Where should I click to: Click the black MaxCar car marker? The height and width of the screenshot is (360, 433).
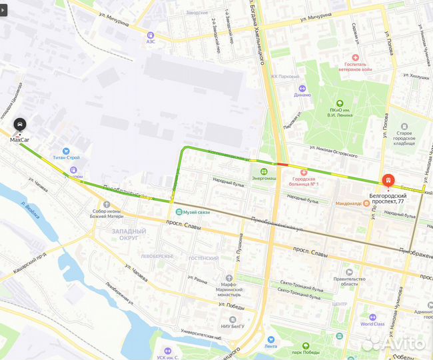point(20,125)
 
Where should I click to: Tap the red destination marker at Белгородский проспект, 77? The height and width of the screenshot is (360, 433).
point(387,181)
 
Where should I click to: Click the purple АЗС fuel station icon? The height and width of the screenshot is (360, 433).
point(151,35)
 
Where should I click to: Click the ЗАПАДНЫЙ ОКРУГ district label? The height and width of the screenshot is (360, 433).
point(121,233)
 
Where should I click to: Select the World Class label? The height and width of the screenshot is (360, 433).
point(372,325)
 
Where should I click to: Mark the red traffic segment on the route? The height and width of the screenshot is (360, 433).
point(282,163)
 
